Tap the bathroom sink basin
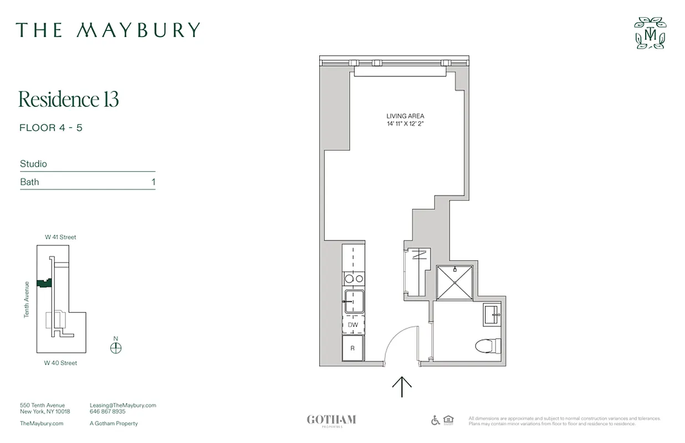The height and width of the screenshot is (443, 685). click(x=492, y=316)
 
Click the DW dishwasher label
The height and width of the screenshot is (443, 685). click(x=353, y=325)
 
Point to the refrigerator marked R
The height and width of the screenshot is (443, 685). click(x=352, y=348)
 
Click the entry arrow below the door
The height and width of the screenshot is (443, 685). click(x=402, y=387)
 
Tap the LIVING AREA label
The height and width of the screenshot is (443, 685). click(x=405, y=116)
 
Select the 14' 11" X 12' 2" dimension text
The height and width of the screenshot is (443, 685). click(x=405, y=123)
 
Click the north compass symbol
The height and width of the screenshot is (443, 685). click(x=115, y=348)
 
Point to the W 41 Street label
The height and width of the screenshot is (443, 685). click(x=60, y=237)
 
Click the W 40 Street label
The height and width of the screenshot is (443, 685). click(x=60, y=363)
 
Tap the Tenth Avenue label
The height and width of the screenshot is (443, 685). click(x=27, y=299)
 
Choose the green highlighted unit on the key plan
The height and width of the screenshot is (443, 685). click(x=43, y=282)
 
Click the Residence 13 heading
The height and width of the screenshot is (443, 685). click(x=69, y=100)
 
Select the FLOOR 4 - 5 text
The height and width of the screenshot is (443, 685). click(x=51, y=128)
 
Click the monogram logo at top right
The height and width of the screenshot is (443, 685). click(x=651, y=33)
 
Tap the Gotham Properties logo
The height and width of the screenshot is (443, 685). click(x=331, y=420)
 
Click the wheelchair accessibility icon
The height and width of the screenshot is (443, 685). click(x=436, y=420)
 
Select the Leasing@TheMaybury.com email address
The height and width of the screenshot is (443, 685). click(x=122, y=405)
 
